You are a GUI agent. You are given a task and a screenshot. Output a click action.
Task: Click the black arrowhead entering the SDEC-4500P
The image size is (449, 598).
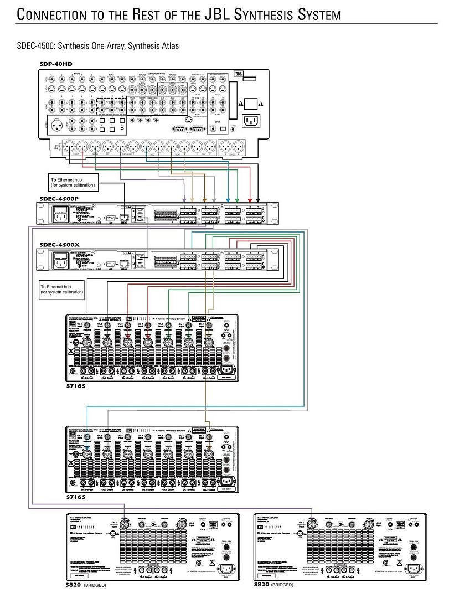(x=258, y=199)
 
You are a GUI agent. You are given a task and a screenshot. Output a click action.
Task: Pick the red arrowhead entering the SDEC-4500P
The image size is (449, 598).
(x=250, y=199)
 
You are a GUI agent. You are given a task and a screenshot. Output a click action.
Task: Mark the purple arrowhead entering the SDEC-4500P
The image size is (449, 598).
(x=184, y=199)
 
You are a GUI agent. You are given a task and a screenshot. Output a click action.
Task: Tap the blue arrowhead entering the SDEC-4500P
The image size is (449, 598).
(x=229, y=199)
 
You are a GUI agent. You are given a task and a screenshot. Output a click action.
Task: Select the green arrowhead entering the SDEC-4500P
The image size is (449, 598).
(x=237, y=199)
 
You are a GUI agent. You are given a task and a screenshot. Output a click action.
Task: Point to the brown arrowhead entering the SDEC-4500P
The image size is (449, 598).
(x=205, y=199)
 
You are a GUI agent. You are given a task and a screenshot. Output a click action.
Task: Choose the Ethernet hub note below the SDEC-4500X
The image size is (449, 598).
(x=61, y=289)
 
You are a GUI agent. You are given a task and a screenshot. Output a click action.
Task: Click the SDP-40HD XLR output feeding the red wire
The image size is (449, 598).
(x=81, y=147)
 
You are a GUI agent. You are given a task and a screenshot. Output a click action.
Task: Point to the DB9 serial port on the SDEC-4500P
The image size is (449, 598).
(x=110, y=212)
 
